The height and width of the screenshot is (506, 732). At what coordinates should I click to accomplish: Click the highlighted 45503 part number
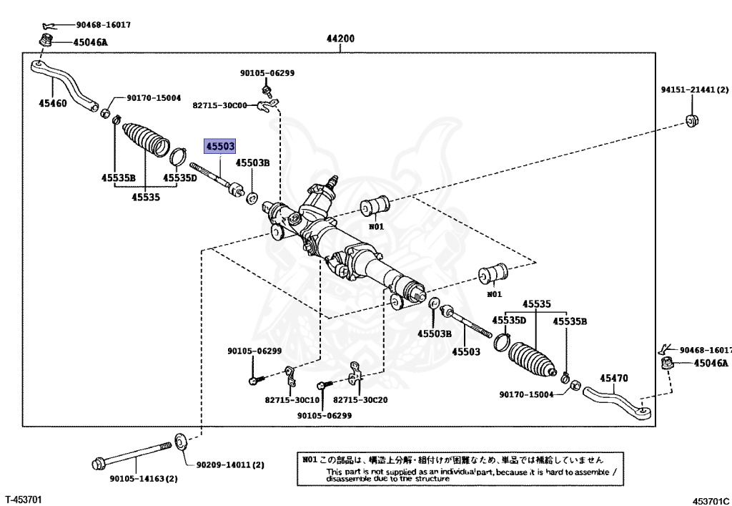220,146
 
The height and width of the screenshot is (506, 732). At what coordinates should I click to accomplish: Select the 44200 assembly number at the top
341,39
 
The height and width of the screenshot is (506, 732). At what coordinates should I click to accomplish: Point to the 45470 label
614,379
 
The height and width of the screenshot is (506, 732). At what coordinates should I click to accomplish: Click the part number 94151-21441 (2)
693,90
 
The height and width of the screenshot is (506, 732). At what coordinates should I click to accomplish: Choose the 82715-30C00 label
219,105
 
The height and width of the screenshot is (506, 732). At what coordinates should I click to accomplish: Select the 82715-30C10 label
292,400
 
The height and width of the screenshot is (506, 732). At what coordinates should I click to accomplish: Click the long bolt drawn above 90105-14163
132,453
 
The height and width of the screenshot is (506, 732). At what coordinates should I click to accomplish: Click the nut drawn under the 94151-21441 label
691,119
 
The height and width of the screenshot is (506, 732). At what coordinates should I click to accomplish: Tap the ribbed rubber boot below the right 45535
533,356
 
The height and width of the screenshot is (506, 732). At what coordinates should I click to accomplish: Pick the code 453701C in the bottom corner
711,500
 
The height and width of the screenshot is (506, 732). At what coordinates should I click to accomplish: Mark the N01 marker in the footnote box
310,460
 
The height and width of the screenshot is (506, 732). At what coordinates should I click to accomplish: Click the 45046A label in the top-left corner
90,42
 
